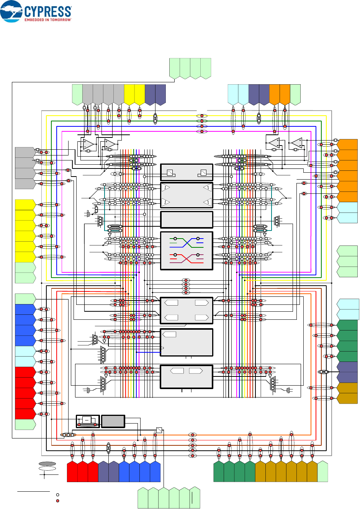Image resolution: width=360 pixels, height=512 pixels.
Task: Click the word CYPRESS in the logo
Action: (47, 11)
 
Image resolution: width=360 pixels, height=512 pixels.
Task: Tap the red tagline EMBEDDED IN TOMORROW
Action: (48, 20)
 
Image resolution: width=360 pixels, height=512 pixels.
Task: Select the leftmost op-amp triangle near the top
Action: (88, 144)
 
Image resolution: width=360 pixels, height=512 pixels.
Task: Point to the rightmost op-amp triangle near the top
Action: (296, 143)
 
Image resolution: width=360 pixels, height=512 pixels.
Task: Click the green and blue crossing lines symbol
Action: (187, 242)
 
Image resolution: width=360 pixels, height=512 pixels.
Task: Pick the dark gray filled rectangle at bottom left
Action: (113, 421)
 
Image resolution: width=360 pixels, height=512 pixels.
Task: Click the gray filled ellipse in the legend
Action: (47, 463)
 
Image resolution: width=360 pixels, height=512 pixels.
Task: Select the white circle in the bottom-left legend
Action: (57, 495)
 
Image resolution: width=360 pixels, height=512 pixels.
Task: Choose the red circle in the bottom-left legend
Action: (57, 501)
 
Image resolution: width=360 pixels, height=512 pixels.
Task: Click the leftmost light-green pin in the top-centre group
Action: (175, 68)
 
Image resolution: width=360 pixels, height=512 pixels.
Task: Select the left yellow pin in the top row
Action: (129, 94)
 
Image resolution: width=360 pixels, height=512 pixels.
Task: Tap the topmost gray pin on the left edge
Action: (25, 152)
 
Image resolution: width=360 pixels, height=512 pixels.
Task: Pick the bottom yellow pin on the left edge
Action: (25, 257)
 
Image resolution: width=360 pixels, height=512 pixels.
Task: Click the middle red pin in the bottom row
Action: (82, 472)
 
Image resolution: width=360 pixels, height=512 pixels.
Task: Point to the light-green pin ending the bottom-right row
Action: (322, 471)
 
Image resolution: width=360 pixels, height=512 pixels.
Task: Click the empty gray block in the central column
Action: (187, 220)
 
